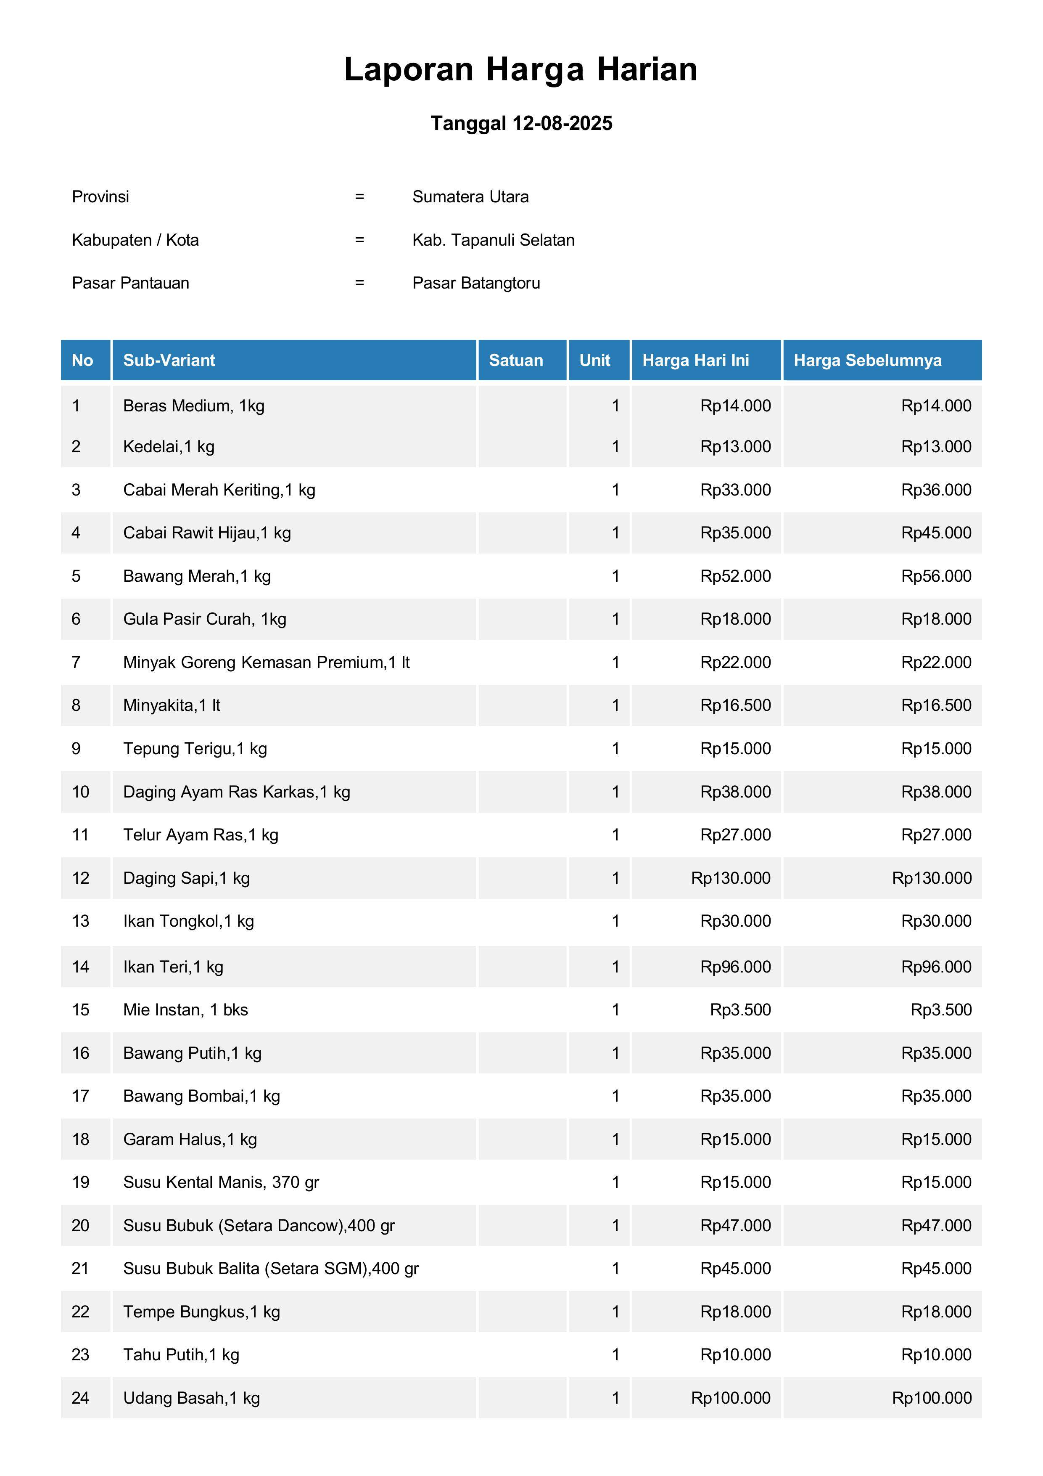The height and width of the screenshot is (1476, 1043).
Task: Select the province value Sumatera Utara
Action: (x=470, y=197)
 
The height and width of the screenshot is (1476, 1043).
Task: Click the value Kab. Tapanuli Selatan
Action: (x=493, y=240)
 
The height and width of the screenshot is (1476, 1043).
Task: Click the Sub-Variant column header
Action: (x=169, y=360)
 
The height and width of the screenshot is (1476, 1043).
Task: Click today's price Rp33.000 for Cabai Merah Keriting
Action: (x=735, y=490)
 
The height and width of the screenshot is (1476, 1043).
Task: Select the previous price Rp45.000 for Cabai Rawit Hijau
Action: (x=936, y=533)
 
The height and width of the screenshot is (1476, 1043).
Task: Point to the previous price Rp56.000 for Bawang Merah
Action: (x=936, y=576)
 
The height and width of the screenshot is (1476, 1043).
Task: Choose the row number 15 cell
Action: (x=80, y=1010)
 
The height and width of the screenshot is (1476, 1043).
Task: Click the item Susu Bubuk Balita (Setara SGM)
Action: (x=271, y=1268)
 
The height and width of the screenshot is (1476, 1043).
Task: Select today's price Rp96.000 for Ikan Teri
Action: (x=735, y=967)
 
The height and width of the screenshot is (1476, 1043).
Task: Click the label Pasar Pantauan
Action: (x=130, y=283)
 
